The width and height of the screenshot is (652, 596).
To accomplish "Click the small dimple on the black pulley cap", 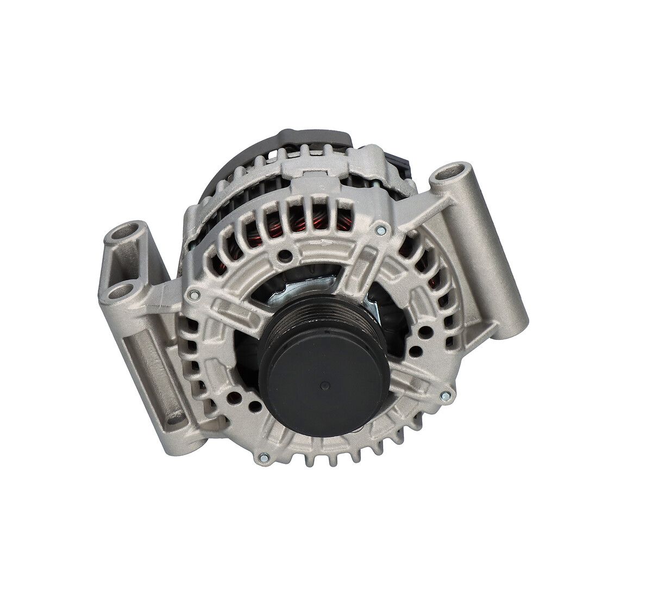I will click(x=324, y=385).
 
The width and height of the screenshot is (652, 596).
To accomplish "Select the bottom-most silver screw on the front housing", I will click(x=264, y=456).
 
